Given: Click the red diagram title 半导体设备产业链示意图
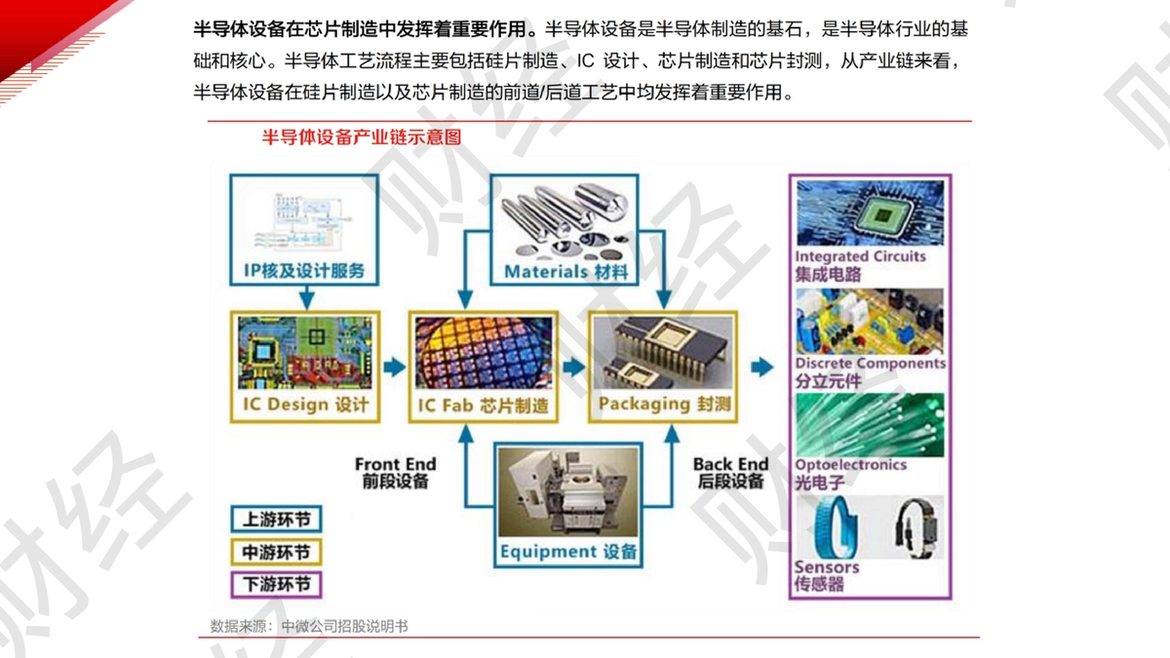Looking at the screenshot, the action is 362,137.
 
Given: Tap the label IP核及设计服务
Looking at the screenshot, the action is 304,271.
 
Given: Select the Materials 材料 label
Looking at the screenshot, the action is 566,272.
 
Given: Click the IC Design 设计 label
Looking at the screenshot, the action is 305,405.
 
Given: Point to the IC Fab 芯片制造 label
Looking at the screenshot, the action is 484,406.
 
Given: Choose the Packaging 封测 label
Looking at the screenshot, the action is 664,404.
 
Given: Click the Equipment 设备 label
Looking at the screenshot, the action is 568,552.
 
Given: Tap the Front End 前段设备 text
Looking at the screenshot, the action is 396,473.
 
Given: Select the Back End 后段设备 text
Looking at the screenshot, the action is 730,473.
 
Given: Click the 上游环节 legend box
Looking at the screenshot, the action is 276,519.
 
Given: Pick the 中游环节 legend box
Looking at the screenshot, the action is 276,552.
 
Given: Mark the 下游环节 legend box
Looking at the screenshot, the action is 276,584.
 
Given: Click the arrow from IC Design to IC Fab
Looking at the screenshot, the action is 394,368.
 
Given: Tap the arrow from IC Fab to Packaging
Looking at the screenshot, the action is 574,368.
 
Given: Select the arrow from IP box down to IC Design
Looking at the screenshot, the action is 306,297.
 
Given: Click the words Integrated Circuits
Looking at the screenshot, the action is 860,256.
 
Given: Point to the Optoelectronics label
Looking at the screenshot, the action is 851,464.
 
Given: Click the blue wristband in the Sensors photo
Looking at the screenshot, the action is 837,527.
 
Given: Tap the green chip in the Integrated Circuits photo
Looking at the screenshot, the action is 882,214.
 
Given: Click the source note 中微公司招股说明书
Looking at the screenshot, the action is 344,626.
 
